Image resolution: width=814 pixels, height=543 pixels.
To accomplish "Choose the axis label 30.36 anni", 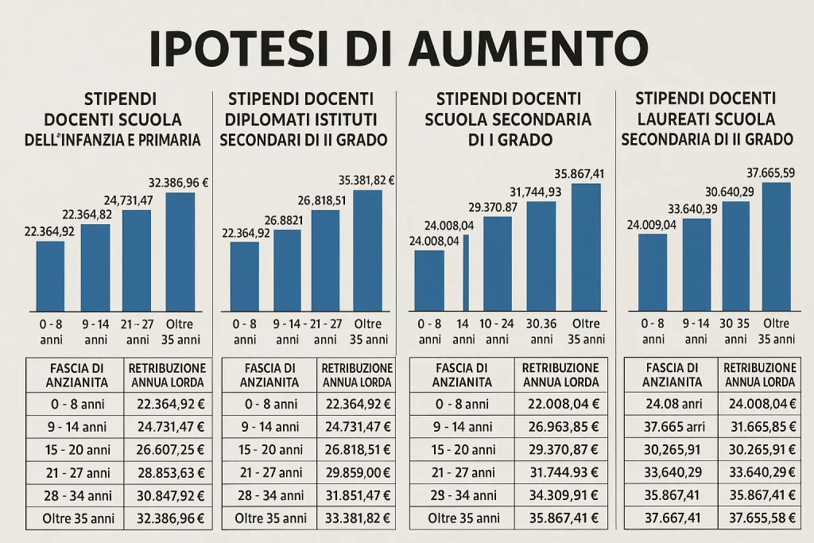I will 541,331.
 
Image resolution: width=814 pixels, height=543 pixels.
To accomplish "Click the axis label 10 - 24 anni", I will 497,331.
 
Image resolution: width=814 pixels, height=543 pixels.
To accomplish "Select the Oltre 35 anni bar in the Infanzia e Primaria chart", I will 180,251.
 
